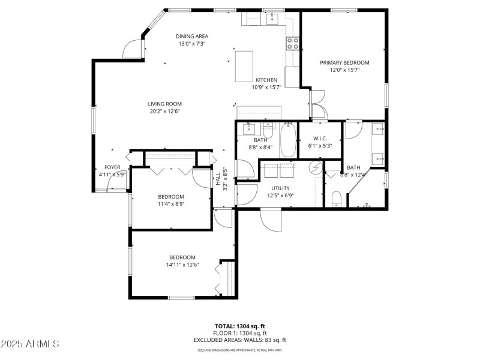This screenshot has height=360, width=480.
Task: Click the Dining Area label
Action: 192,36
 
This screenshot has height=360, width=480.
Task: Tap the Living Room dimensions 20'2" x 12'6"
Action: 164,111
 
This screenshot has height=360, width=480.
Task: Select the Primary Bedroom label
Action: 344,62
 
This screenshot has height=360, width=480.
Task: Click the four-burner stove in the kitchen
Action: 293,43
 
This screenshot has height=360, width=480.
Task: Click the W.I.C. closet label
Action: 319,138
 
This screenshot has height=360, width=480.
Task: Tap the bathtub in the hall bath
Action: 288,139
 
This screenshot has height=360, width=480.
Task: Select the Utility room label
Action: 280,188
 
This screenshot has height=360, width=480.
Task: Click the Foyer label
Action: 112,167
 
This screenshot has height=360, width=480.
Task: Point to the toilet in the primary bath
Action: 337,199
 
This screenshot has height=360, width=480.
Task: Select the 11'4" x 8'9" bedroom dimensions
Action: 171,204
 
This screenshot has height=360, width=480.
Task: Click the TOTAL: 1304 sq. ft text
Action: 239,326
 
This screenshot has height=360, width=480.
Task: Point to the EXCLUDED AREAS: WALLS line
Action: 239,340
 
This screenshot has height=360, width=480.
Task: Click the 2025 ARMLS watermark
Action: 30,344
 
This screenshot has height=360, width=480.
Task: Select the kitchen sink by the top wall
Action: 271,17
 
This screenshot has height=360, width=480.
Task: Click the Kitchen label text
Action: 266,80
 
